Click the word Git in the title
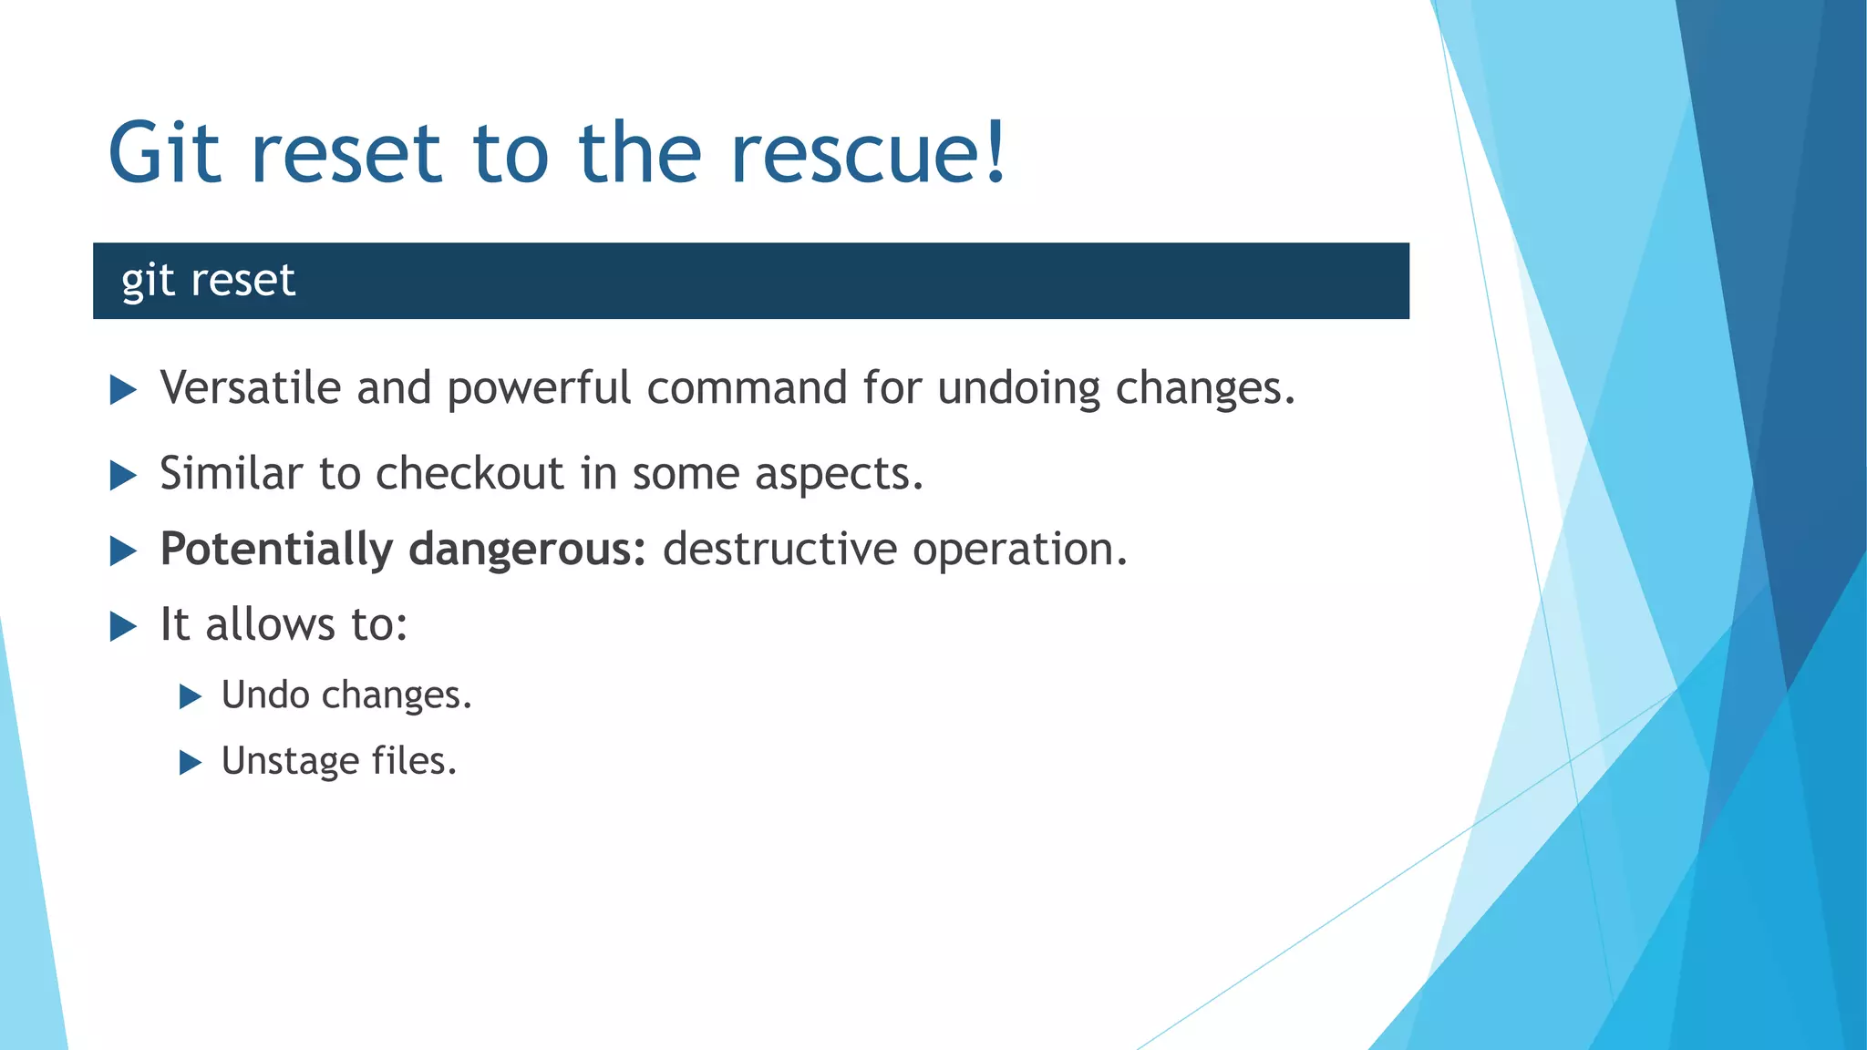pos(164,152)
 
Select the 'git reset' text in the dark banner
pos(208,280)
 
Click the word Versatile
pos(250,387)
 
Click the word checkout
pos(469,473)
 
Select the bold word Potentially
pos(276,550)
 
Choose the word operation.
pos(1020,550)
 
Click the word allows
pos(270,624)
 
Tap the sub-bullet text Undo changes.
pos(346,695)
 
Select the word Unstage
pos(290,761)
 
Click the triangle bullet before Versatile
pos(123,390)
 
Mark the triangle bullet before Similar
pos(123,475)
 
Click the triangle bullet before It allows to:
pos(123,626)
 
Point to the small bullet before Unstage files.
pos(190,762)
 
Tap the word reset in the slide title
pos(346,152)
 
